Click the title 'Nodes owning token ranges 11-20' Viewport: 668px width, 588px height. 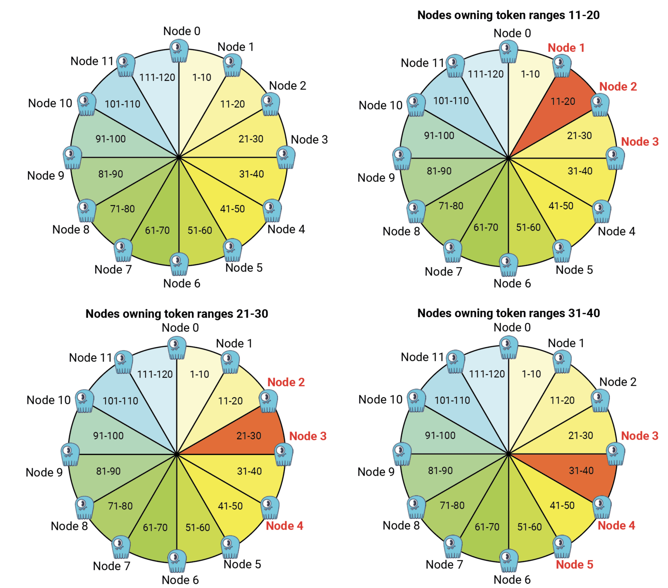click(508, 15)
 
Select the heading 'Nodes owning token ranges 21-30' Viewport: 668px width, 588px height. click(177, 314)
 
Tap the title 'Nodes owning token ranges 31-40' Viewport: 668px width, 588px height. click(508, 313)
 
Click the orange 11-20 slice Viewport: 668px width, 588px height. click(561, 104)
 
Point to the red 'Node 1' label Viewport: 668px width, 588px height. click(566, 48)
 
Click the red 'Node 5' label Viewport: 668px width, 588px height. click(574, 565)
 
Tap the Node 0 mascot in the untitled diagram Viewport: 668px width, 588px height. click(179, 51)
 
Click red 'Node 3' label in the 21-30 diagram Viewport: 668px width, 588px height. click(308, 436)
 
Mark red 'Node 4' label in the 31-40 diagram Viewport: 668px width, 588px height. click(616, 525)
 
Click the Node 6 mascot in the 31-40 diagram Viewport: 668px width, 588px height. click(508, 560)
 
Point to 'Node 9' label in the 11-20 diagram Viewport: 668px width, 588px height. click(376, 178)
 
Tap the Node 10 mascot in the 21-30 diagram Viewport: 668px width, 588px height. click(84, 401)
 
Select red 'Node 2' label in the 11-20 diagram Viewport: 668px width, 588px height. click(618, 87)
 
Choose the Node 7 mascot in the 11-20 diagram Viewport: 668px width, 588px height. click(453, 251)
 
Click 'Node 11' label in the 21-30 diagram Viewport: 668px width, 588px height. click(90, 358)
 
